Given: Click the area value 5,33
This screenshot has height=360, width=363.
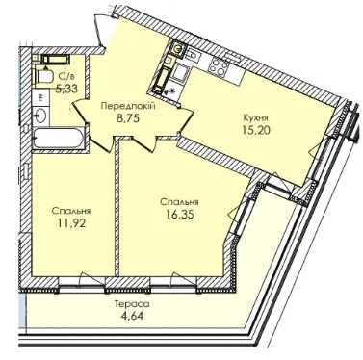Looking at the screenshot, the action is [66, 89].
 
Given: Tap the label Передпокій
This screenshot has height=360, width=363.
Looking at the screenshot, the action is [128, 106].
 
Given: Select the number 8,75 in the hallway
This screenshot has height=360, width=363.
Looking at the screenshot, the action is [128, 118].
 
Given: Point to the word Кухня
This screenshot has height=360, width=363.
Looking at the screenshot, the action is [256, 117].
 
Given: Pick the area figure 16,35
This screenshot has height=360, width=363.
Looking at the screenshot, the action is [180, 215].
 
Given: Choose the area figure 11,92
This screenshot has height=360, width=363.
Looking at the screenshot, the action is [71, 222].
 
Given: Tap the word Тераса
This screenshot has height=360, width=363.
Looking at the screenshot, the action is [132, 303].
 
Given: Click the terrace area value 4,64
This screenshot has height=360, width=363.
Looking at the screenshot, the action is [132, 316].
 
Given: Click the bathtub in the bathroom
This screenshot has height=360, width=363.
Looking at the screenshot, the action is [59, 139].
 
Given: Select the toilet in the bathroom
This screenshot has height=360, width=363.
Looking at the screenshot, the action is [44, 77].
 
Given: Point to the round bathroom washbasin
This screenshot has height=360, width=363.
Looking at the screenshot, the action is [40, 115].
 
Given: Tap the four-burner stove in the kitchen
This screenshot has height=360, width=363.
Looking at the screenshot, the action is [219, 65].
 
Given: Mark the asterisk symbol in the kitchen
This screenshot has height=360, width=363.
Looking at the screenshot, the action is [172, 90].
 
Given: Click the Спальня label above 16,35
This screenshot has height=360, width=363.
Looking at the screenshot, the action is [179, 202].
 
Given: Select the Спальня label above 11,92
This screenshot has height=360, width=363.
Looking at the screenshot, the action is [71, 211].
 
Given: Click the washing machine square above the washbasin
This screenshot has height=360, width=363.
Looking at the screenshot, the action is [40, 98].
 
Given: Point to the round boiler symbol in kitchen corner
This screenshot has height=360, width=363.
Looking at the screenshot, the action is [177, 49].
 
